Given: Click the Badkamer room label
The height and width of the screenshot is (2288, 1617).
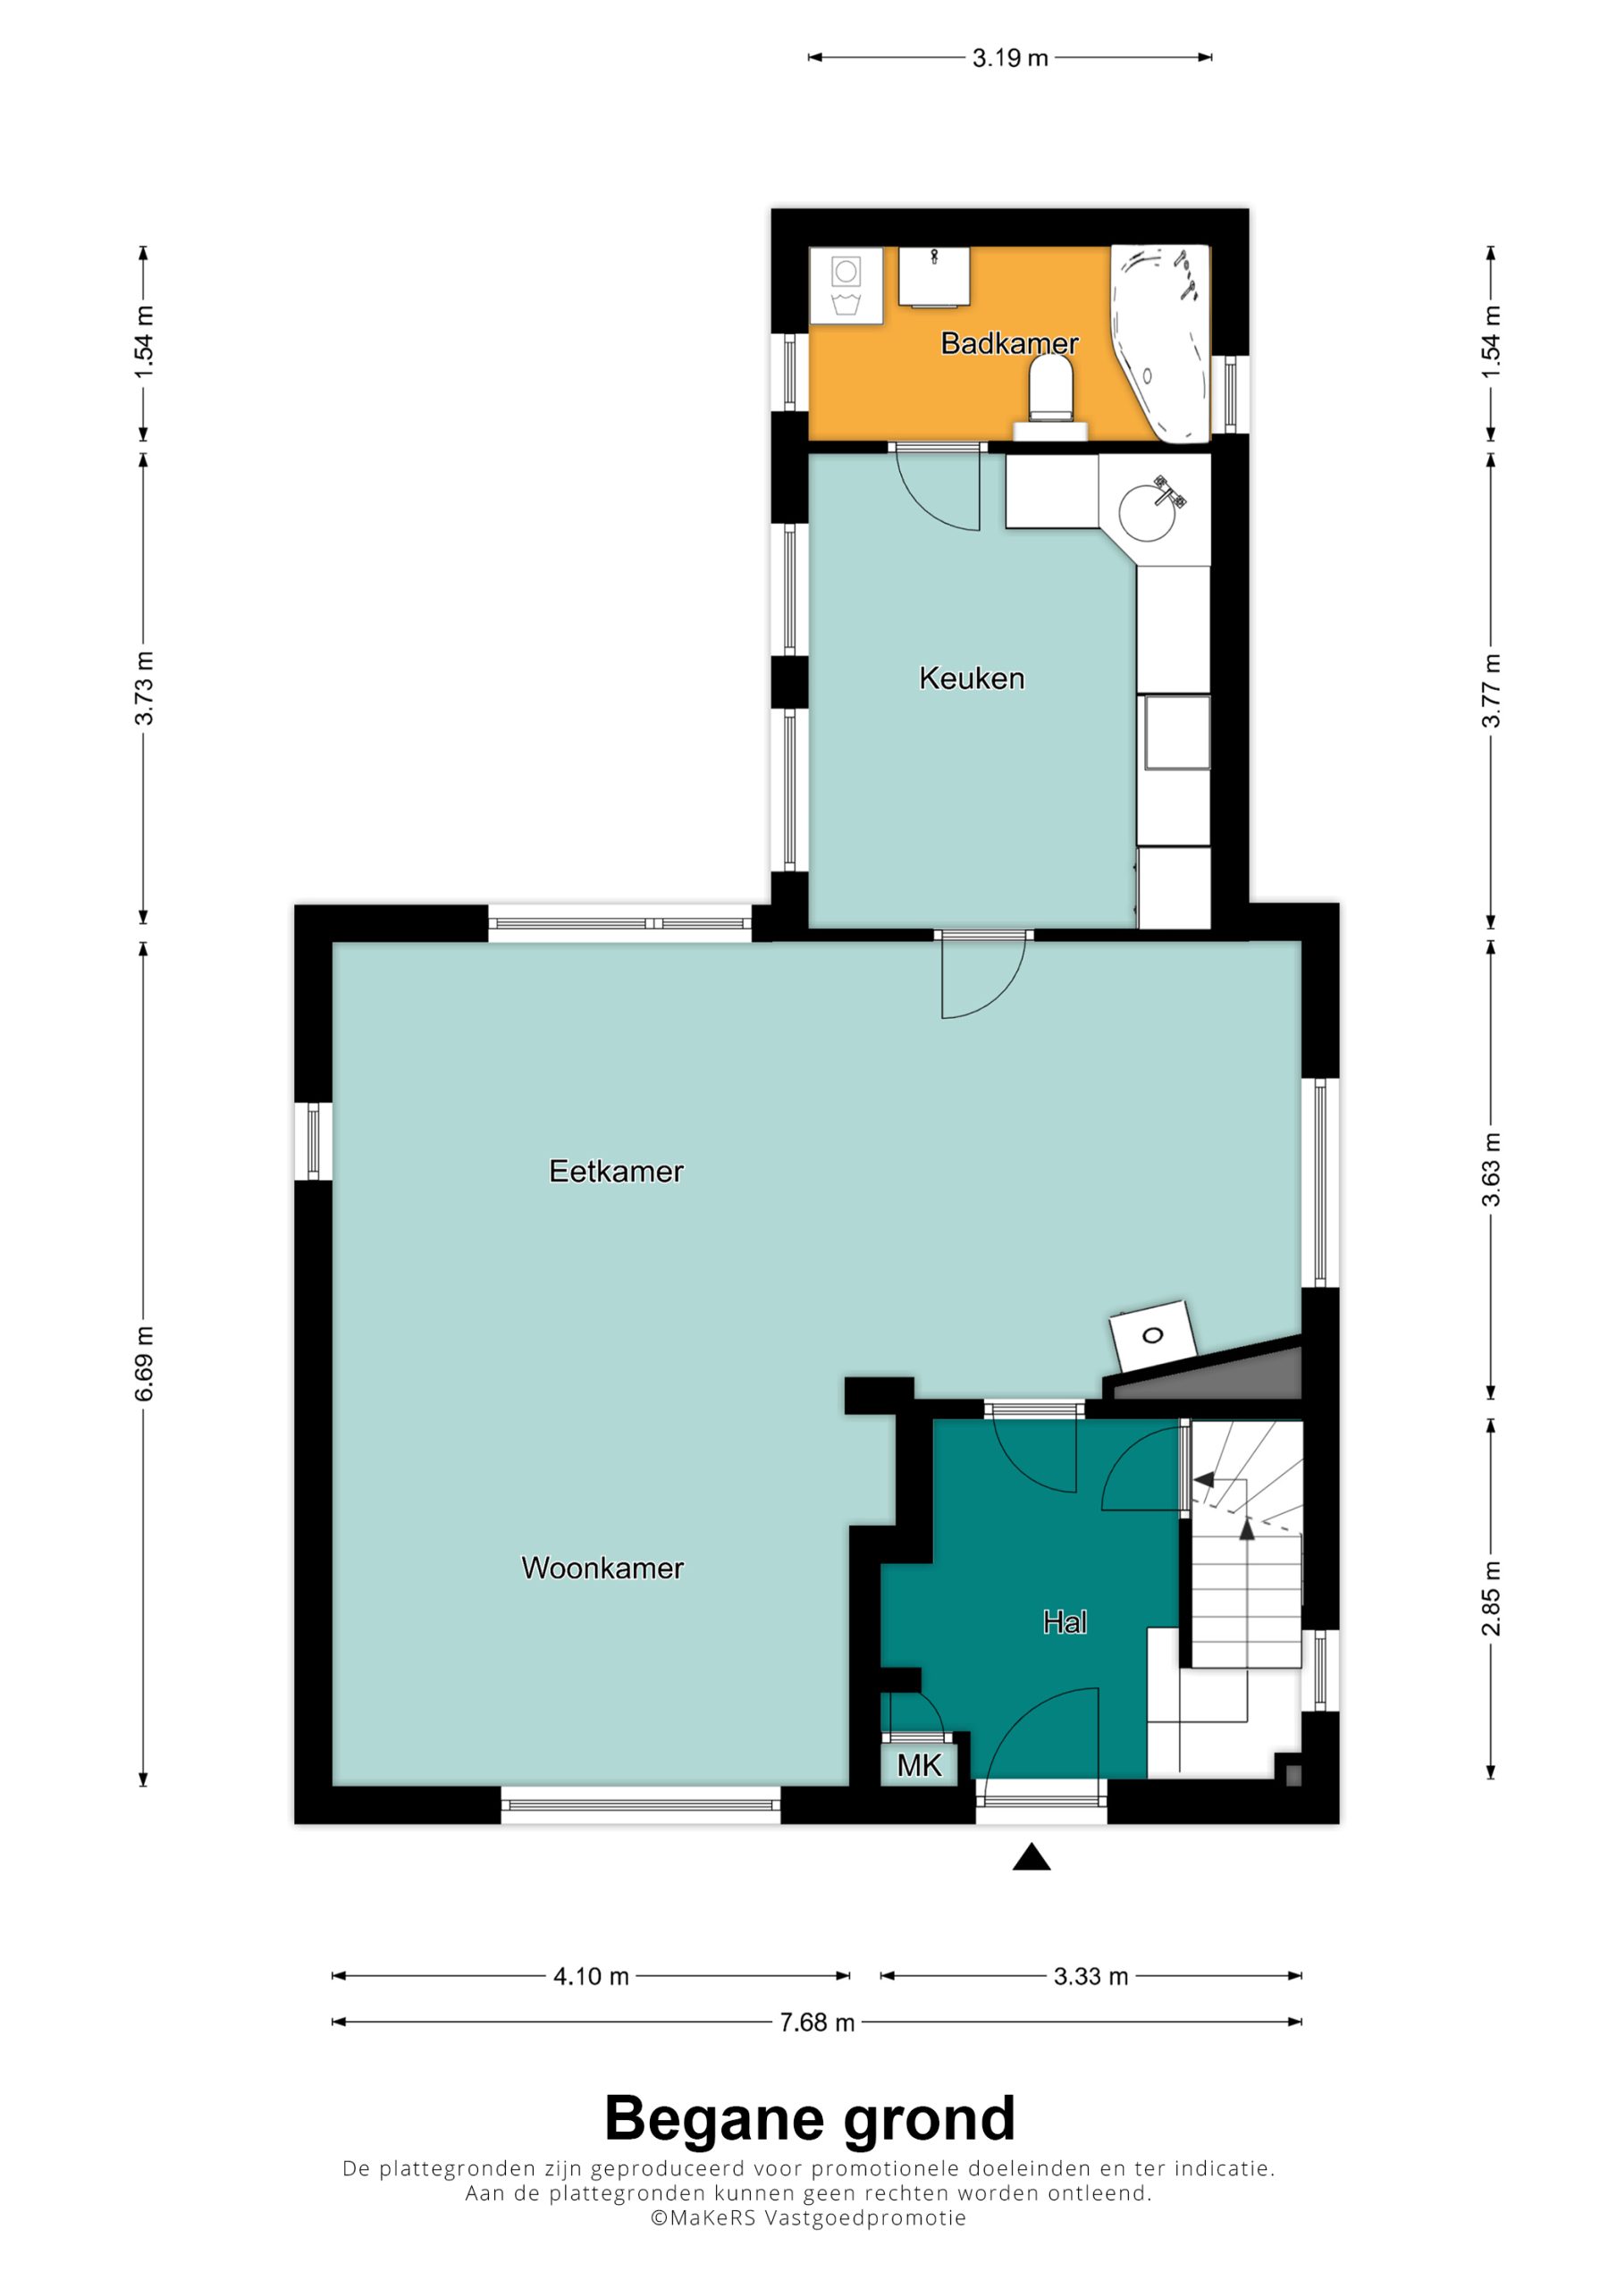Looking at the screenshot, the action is pyautogui.click(x=1009, y=344).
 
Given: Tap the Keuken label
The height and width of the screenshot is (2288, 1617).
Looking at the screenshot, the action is pyautogui.click(x=971, y=678).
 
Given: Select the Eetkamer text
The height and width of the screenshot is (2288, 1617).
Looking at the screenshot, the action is pyautogui.click(x=616, y=1171).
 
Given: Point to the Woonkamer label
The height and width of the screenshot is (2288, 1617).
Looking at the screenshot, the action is pyautogui.click(x=602, y=1568).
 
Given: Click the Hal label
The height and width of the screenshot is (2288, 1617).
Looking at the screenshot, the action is pyautogui.click(x=1065, y=1622).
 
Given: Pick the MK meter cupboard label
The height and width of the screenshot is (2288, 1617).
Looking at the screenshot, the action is pyautogui.click(x=918, y=1766).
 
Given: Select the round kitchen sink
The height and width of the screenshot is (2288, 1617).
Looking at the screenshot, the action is pyautogui.click(x=1147, y=510).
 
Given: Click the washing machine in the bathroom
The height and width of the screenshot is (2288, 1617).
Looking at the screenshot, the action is pyautogui.click(x=846, y=285).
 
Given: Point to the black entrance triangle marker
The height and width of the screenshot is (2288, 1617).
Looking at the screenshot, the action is pyautogui.click(x=1032, y=1856).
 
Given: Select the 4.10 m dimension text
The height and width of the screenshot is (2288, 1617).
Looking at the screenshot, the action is pyautogui.click(x=591, y=1976).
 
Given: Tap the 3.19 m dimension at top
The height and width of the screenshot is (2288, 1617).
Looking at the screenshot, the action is pyautogui.click(x=1010, y=58).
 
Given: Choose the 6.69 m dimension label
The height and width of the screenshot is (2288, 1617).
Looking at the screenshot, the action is pyautogui.click(x=145, y=1363).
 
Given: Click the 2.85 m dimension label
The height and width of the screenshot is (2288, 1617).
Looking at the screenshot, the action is pyautogui.click(x=1490, y=1597).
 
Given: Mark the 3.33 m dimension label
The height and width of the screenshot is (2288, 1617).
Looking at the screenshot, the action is pyautogui.click(x=1091, y=1976).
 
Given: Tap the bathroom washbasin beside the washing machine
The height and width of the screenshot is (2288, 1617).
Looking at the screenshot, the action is pyautogui.click(x=935, y=276).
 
